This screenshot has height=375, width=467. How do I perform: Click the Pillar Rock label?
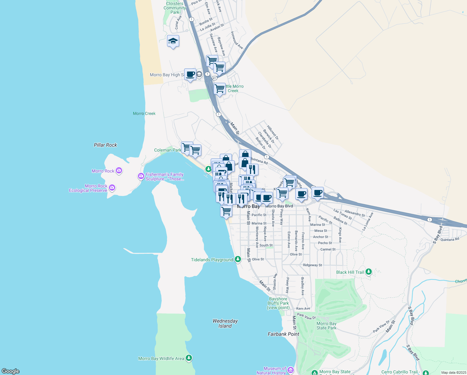[x=106, y=145]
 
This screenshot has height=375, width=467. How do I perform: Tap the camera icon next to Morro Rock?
[x=119, y=171]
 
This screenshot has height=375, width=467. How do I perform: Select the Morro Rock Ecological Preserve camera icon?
[x=112, y=188]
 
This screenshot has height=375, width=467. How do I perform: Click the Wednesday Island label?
[x=225, y=323]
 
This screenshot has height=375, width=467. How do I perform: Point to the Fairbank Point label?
[x=283, y=334]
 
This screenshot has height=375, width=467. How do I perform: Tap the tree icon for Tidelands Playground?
[x=238, y=259]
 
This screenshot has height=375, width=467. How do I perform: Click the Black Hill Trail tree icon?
[x=369, y=272]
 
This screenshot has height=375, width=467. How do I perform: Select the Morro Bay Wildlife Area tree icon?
[x=189, y=358]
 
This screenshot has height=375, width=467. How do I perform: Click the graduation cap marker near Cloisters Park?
[x=173, y=41]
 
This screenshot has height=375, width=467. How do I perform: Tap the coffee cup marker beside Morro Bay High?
[x=190, y=75]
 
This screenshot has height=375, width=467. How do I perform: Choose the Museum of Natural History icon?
[x=291, y=370]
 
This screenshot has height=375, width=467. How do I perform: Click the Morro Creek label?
[x=144, y=113]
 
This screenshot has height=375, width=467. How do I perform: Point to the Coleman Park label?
[x=168, y=150]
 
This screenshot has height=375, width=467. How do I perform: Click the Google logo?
[x=11, y=371]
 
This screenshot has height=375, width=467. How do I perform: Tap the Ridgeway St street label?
[x=312, y=265]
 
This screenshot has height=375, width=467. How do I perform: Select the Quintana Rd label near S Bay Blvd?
[x=450, y=240]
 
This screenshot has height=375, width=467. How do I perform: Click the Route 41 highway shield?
[x=214, y=78]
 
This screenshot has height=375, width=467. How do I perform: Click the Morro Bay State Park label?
[x=327, y=326]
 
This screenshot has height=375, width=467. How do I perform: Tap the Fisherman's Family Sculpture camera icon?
[x=141, y=177]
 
